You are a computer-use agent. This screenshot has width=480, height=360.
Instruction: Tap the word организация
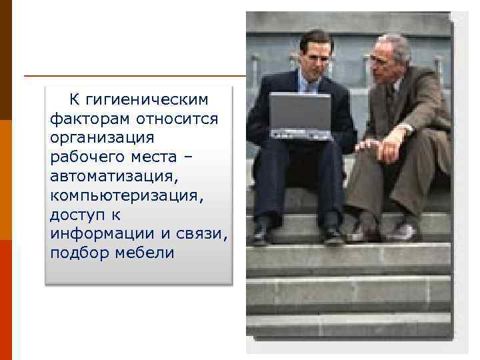click(102, 137)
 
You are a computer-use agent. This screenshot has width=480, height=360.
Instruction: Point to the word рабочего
click(81, 157)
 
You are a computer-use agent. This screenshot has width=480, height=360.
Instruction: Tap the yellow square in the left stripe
click(5, 179)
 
